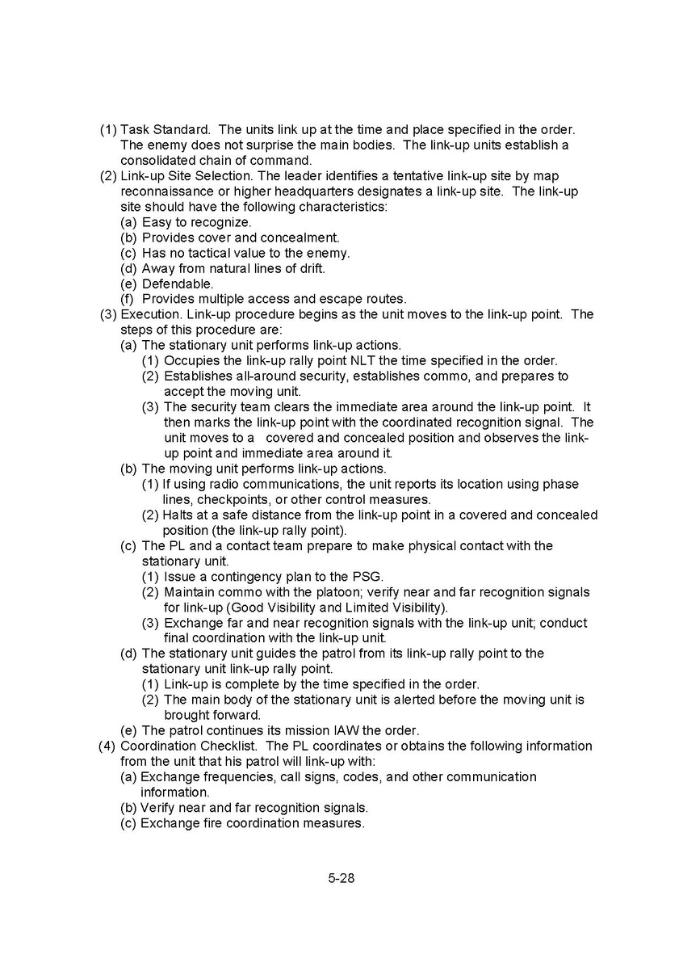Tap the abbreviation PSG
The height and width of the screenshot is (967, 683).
coord(369,577)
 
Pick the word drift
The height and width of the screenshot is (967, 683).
coord(310,268)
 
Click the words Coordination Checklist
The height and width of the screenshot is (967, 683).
coord(190,746)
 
